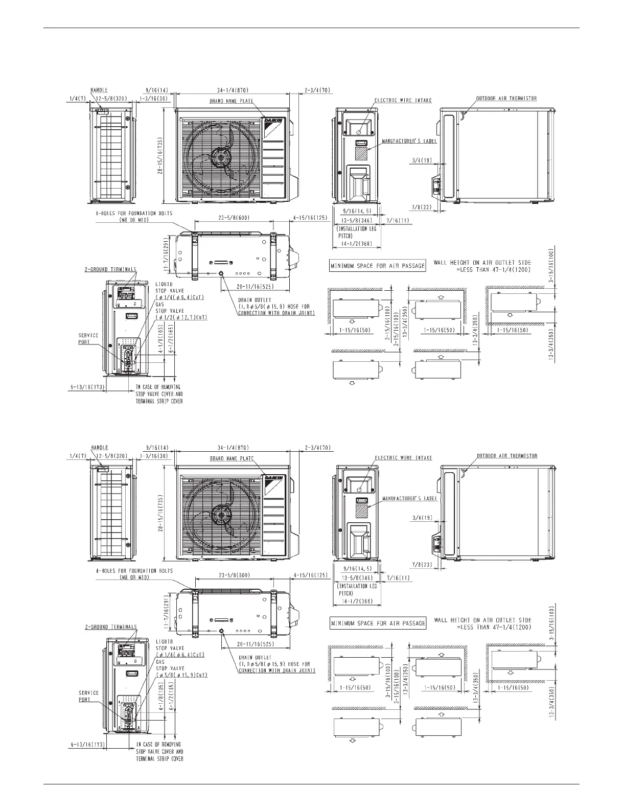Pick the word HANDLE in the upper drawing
[99, 90]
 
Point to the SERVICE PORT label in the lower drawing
[88, 696]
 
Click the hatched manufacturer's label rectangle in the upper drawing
[362, 153]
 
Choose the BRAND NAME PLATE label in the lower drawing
[232, 458]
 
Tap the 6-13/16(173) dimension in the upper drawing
[87, 387]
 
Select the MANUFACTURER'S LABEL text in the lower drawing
[409, 498]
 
